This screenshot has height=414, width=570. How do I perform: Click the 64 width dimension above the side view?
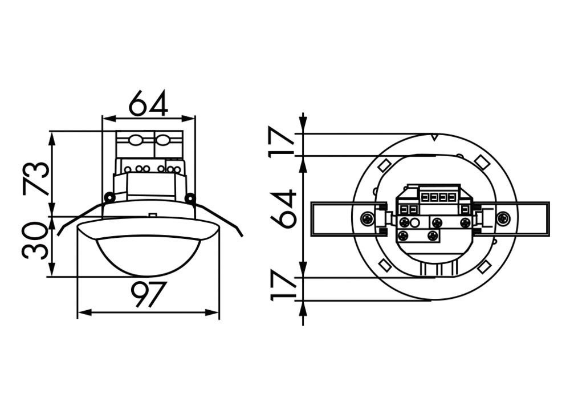point(148,103)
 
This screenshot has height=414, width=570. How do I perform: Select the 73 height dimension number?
point(36,178)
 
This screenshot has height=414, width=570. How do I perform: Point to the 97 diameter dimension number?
point(148,294)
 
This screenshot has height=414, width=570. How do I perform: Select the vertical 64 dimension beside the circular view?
point(283,209)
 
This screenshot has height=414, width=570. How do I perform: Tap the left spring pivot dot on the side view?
point(109,197)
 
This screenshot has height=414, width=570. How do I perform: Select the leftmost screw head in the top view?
point(368,218)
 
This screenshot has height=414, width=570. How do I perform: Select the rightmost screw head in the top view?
point(503,218)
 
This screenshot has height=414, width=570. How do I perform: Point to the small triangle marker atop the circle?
point(434,137)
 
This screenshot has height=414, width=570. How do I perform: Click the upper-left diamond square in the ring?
point(385,165)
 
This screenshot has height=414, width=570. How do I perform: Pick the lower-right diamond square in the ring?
point(484,266)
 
